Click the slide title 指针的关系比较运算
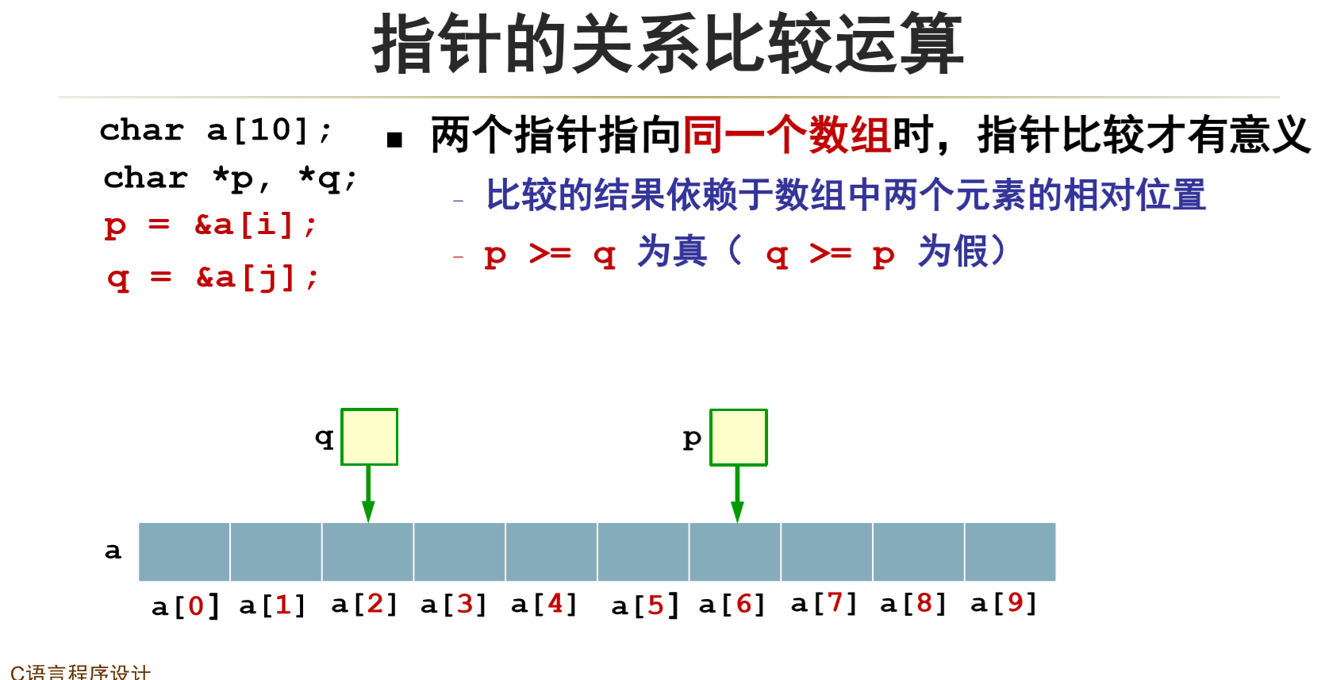coord(667,44)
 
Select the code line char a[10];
coord(215,130)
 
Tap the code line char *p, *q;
coord(229,179)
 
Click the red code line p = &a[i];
coord(210,226)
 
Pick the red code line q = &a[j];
coord(213,278)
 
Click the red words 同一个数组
coord(787,135)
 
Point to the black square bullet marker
coord(394,140)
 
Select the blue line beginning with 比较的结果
coord(846,195)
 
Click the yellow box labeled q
coord(369,436)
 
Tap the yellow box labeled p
coord(738,437)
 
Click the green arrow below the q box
coord(368,494)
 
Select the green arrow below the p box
coord(737,494)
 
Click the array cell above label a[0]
coord(184,551)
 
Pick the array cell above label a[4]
coord(551,551)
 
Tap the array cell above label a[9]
coord(1010,551)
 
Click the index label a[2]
coord(363,605)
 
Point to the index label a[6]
coord(731,605)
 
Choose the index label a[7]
coord(824,604)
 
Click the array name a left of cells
coord(113,551)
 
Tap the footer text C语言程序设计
coord(80,672)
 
